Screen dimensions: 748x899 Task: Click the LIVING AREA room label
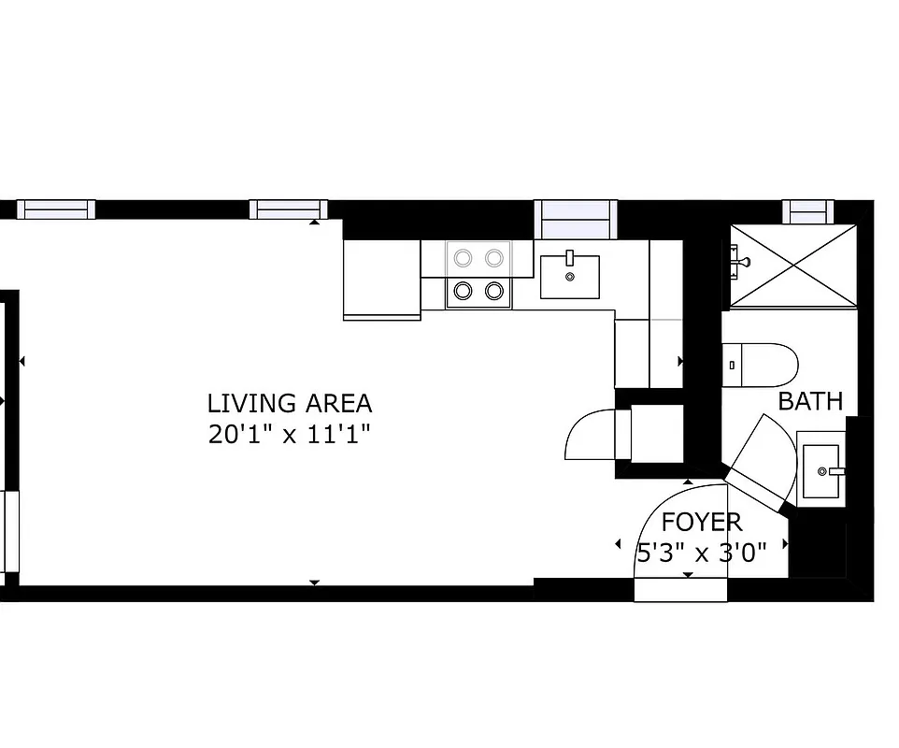[289, 404]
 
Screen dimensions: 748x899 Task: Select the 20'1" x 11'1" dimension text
[289, 435]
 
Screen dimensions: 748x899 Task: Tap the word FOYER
[701, 522]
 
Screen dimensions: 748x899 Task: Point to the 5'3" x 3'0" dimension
[701, 552]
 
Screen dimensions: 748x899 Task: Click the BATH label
[810, 402]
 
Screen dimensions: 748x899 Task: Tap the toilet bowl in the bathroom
[768, 365]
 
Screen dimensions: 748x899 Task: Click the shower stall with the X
[792, 266]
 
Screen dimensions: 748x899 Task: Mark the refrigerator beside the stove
[381, 279]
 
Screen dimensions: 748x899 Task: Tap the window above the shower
[806, 213]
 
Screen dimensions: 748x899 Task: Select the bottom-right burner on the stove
[494, 292]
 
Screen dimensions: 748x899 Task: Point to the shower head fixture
[738, 259]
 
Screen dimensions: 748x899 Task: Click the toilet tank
[732, 365]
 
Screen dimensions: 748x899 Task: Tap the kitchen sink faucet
[569, 259]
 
